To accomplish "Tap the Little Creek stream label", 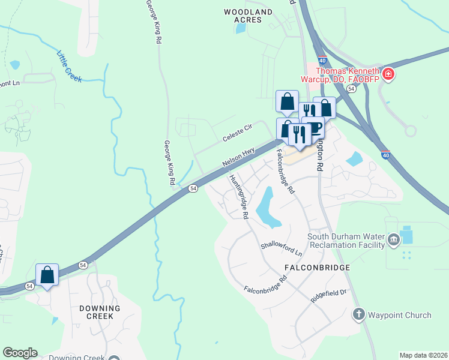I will (x=69, y=67).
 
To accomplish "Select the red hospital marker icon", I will (x=388, y=74).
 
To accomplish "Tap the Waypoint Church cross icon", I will (x=358, y=314).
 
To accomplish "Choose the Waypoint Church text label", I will (x=399, y=315).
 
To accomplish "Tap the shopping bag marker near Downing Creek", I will (x=47, y=275).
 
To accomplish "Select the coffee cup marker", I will (x=313, y=128).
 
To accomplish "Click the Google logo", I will (x=20, y=353).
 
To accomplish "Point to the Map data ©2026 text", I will (x=423, y=355).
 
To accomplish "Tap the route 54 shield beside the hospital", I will (x=351, y=88).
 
